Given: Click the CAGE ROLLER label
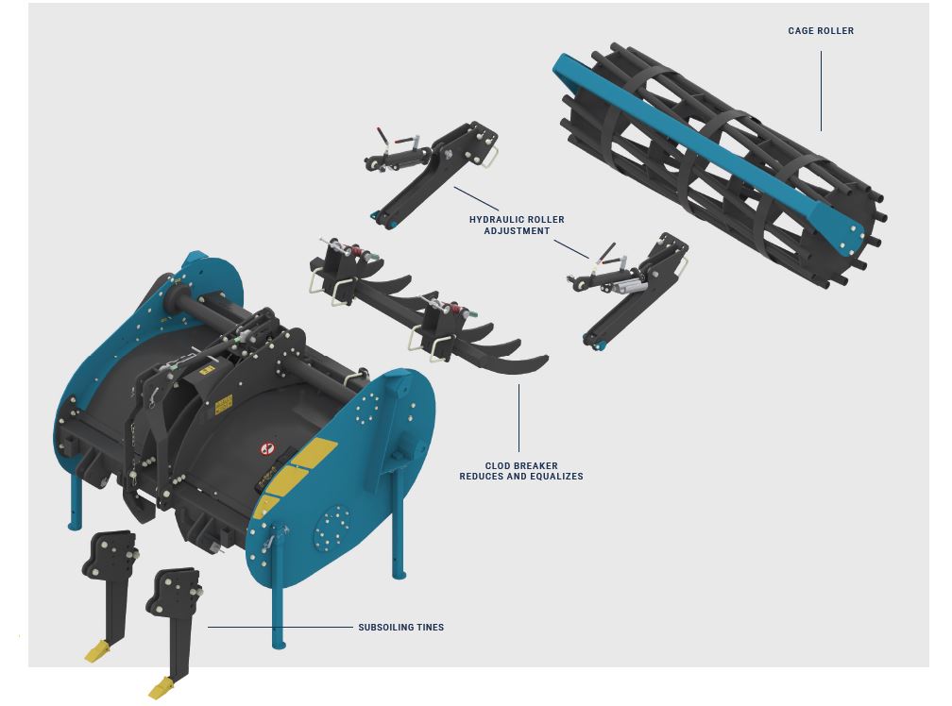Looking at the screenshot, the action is point(820,31).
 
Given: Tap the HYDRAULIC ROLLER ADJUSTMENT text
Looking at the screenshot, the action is point(517,225).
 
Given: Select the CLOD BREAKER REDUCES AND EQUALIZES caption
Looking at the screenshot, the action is point(521,471).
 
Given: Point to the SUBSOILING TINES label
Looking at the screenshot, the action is point(400,627).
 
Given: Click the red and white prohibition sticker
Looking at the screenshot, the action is point(268,448).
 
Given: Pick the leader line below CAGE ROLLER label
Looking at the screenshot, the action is point(821,91).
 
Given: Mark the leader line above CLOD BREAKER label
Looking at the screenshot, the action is point(518,418).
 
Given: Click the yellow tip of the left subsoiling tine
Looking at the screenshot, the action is point(97,652).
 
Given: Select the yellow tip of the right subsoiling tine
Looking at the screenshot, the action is point(161,688).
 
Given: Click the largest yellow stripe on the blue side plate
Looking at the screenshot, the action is point(315,454).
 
